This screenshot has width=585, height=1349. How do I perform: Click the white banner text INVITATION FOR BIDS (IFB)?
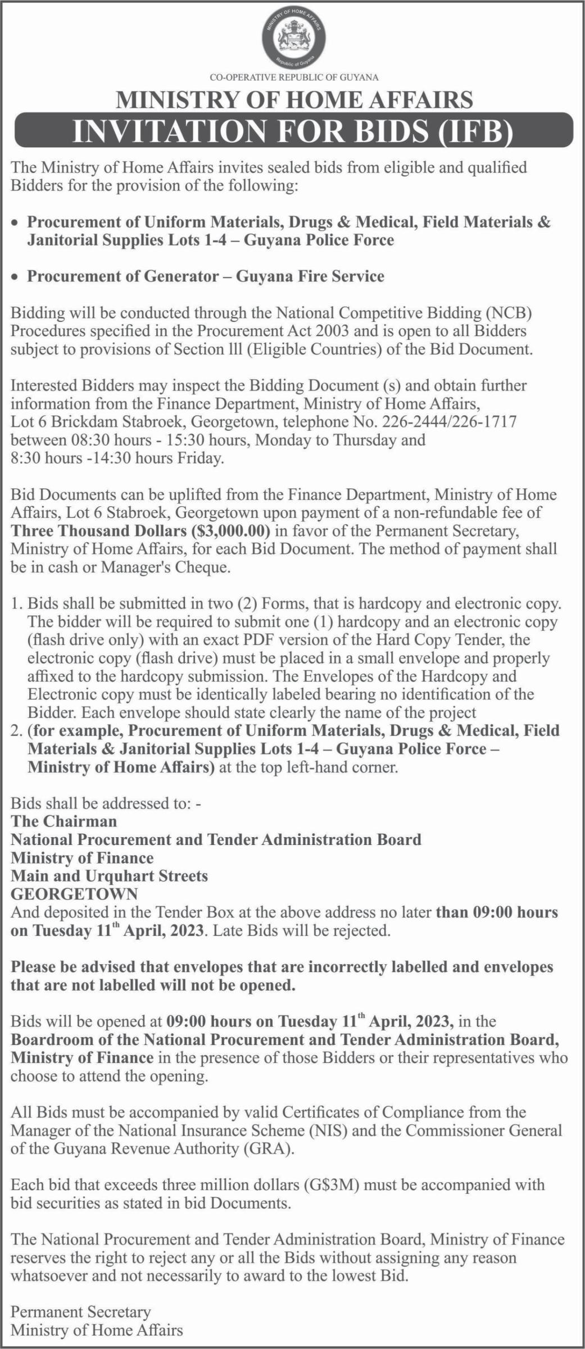tap(292, 130)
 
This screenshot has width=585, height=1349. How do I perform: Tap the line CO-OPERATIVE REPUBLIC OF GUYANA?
tap(293, 78)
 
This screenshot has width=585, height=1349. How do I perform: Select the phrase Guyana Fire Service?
tap(310, 276)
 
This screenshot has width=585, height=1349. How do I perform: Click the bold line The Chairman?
tap(64, 821)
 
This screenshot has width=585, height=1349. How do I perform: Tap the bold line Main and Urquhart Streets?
tap(110, 876)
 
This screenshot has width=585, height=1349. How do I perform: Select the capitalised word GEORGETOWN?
tap(74, 894)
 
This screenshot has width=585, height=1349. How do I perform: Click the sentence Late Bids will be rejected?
tap(302, 930)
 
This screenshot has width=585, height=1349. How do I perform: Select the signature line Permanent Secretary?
tap(81, 1312)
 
